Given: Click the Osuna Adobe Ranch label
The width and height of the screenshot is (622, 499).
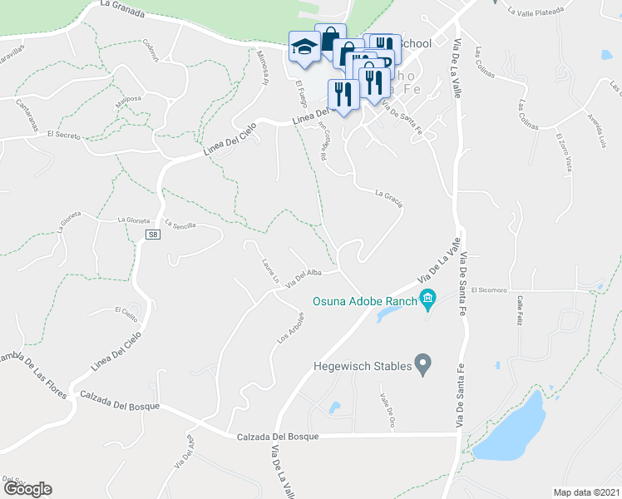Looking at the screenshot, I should pyautogui.click(x=364, y=300).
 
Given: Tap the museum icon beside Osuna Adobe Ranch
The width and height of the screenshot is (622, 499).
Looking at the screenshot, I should pyautogui.click(x=427, y=298).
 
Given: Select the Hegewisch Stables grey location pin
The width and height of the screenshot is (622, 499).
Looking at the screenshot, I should pyautogui.click(x=423, y=364).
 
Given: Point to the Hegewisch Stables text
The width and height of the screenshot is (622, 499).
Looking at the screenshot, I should pyautogui.click(x=363, y=365).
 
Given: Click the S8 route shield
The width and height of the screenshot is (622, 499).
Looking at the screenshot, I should pyautogui.click(x=152, y=235).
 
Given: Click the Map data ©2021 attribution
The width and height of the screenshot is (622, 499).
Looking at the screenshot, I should pyautogui.click(x=587, y=492).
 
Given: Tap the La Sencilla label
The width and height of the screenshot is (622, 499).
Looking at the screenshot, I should pyautogui.click(x=180, y=225).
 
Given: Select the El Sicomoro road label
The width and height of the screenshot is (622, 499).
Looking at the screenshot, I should pyautogui.click(x=489, y=291).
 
